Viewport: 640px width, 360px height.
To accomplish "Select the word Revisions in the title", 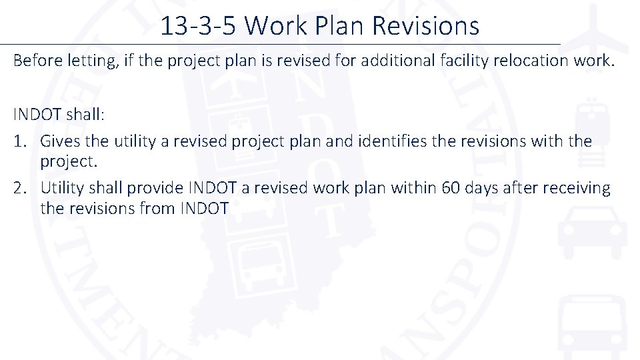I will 425,26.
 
